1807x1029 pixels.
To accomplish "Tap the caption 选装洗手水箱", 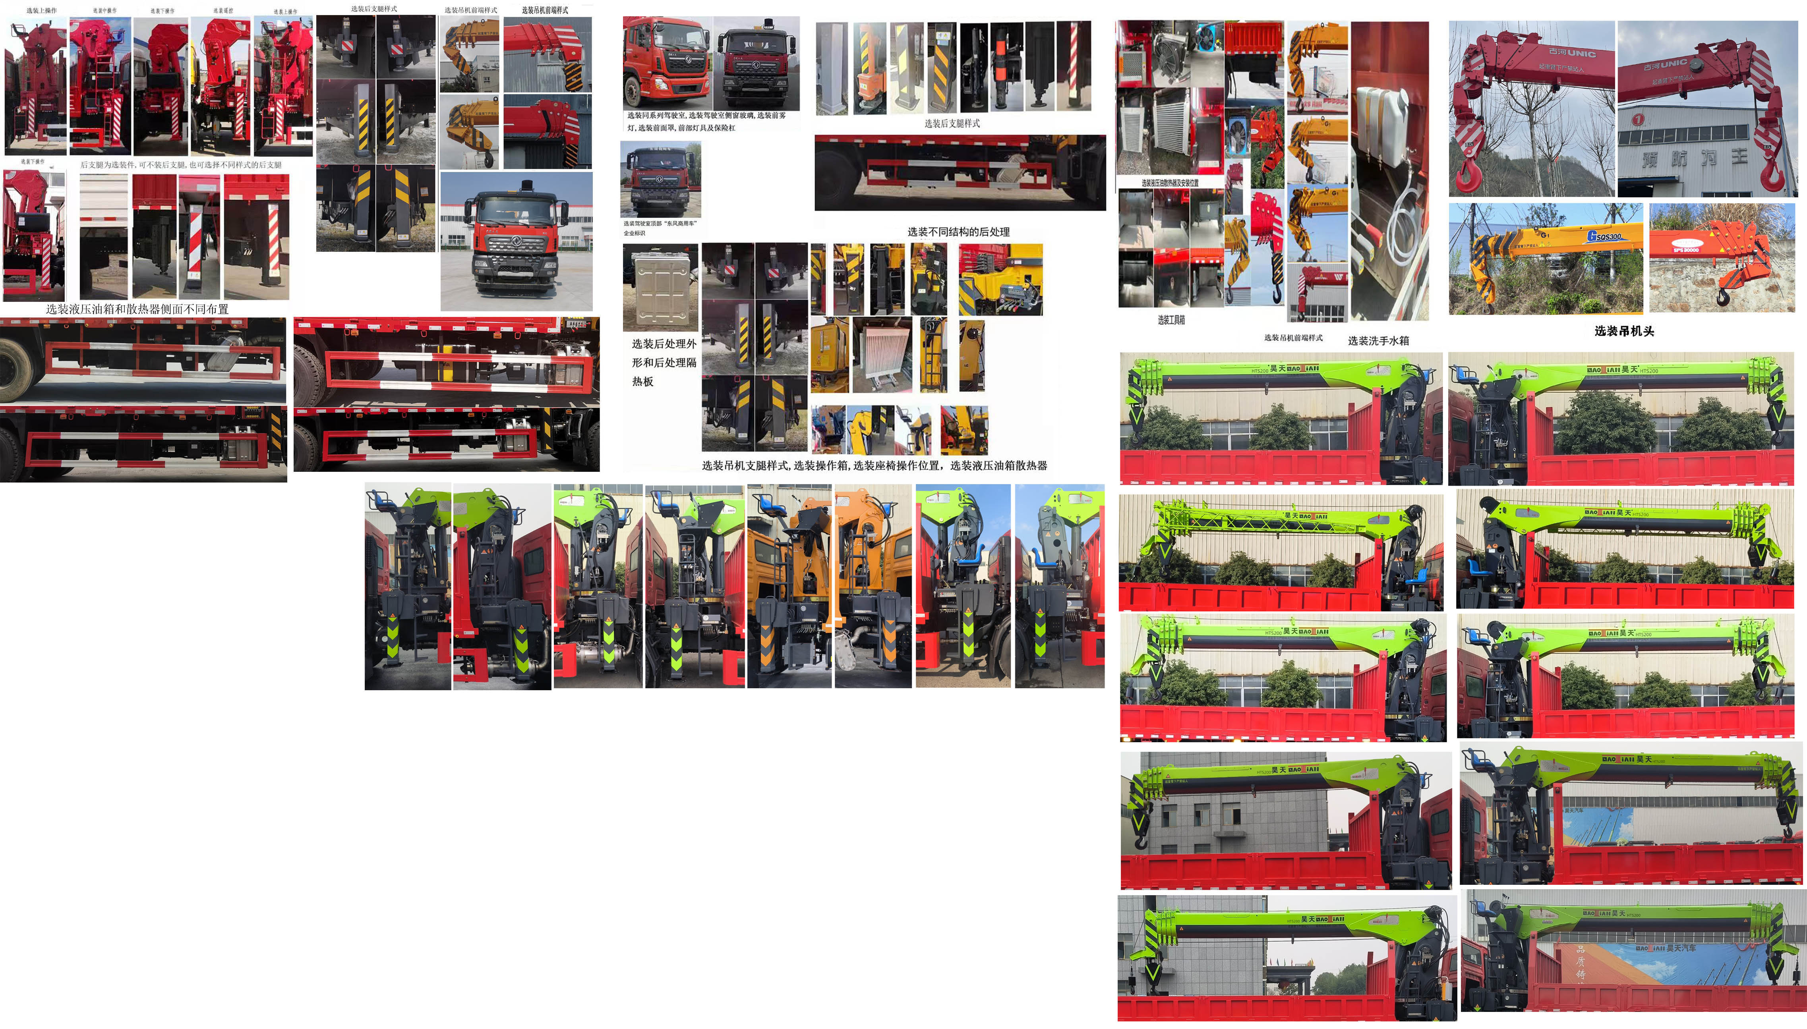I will coord(1378,341).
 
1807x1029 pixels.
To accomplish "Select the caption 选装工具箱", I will coord(1171,320).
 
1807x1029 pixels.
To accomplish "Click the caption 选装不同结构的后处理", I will coord(958,232).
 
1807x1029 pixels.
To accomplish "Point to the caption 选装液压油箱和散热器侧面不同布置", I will coord(137,309).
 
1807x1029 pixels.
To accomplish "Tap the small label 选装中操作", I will coord(104,11).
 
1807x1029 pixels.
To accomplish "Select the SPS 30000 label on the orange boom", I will coord(1685,249).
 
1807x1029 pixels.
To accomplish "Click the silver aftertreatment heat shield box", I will coord(660,287).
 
